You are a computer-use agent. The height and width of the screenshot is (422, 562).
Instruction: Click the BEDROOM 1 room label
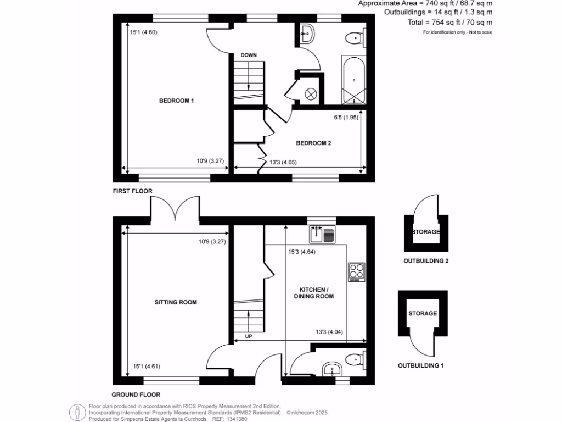tap(177, 101)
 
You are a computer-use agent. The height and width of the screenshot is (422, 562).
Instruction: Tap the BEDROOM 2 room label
tap(313, 143)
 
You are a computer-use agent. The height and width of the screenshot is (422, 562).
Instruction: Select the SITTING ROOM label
tap(176, 302)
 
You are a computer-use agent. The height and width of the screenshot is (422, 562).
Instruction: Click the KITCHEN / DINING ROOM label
tap(316, 293)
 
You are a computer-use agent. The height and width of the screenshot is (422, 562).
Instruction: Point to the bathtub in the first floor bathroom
tap(353, 80)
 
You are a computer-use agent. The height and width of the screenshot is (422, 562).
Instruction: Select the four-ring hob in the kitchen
tap(356, 271)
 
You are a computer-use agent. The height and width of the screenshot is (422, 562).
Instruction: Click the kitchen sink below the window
tap(322, 235)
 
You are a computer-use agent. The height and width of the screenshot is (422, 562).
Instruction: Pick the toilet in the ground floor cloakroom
tap(355, 360)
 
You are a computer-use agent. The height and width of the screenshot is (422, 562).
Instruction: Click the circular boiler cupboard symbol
tap(311, 94)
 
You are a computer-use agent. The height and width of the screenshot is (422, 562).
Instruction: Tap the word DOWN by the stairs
tap(249, 55)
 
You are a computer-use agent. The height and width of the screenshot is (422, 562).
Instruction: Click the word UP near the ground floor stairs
tap(248, 336)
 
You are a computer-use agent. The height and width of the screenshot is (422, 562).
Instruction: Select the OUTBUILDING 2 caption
tap(426, 261)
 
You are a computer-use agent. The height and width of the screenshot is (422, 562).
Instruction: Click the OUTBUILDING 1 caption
tap(420, 365)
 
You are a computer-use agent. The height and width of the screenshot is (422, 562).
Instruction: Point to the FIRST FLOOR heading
tap(132, 191)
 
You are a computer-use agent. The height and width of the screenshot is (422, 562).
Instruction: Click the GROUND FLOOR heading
tap(136, 395)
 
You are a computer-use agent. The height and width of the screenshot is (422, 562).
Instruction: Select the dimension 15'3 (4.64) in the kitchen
tap(302, 253)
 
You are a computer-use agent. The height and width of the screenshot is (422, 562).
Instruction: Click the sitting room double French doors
tap(175, 209)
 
